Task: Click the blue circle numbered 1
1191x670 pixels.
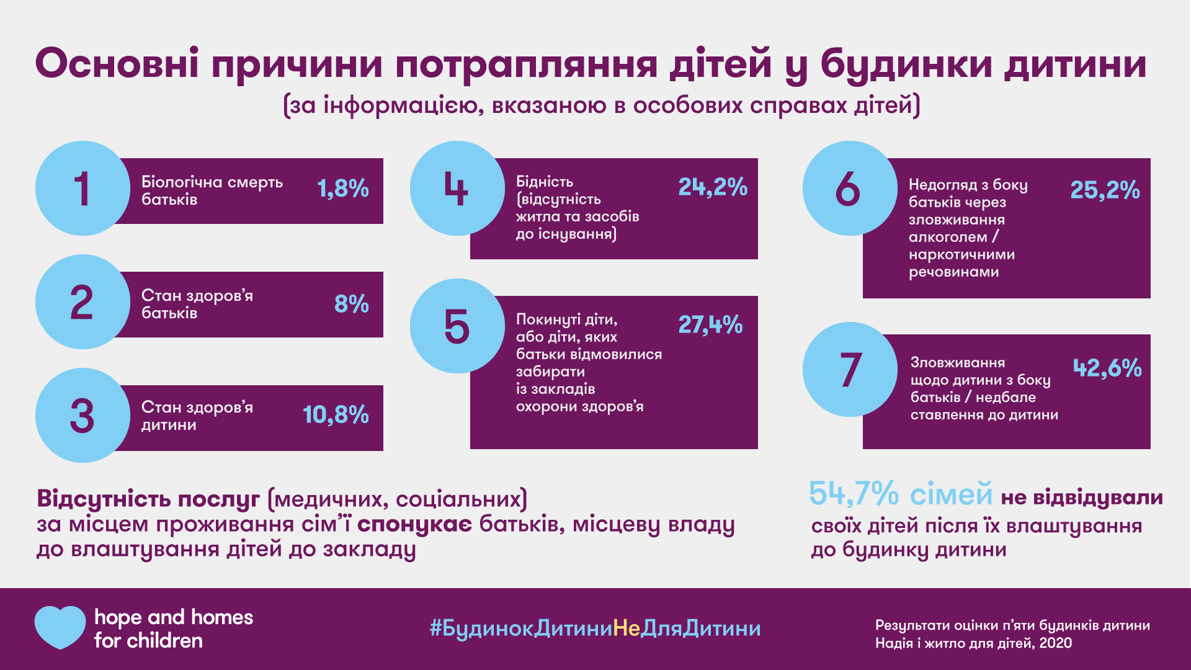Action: [x=83, y=188]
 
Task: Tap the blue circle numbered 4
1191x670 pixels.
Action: [x=457, y=188]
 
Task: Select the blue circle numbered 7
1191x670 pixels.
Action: [x=850, y=369]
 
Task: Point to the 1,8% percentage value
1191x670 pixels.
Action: [x=343, y=188]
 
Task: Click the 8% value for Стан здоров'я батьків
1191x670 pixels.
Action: [x=351, y=304]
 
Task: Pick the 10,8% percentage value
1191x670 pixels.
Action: [x=336, y=415]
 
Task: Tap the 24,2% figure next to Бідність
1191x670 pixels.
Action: [x=713, y=187]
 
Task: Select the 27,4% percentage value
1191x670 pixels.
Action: [x=710, y=324]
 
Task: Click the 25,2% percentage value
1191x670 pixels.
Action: [x=1105, y=190]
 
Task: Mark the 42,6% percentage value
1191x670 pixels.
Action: [x=1107, y=368]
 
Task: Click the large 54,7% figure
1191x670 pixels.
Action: [x=854, y=494]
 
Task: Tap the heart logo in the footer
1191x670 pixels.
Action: [x=60, y=627]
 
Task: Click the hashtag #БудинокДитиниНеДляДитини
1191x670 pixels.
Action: [x=595, y=628]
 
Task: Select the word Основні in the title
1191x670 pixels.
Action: [x=117, y=63]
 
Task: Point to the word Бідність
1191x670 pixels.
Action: [x=544, y=182]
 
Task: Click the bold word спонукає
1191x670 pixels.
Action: [x=414, y=524]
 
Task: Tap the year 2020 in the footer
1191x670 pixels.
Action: [x=1055, y=643]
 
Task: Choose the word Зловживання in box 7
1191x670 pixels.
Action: [x=957, y=362]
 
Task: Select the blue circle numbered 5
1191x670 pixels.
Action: [x=457, y=326]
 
